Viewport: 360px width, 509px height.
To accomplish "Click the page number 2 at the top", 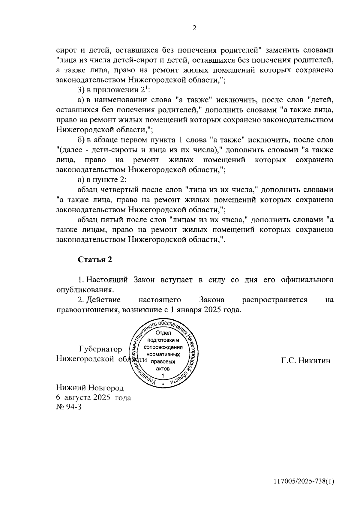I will click(194, 28).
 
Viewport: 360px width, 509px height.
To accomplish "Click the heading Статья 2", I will click(95, 260).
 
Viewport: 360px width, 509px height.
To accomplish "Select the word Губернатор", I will click(100, 349).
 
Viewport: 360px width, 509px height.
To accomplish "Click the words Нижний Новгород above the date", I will click(90, 388).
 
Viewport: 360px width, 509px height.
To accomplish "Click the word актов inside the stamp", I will click(163, 369).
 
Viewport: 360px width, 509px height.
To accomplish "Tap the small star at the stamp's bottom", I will click(163, 384).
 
